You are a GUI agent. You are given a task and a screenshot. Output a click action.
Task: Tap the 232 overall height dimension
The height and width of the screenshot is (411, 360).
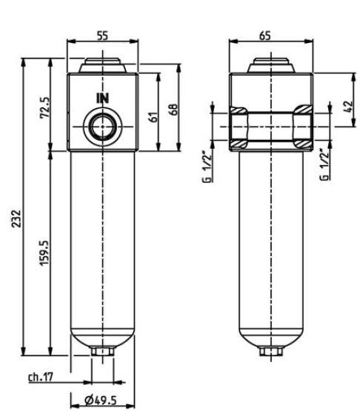click(17, 219)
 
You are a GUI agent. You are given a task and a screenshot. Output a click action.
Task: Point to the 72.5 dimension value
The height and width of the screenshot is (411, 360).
click(44, 108)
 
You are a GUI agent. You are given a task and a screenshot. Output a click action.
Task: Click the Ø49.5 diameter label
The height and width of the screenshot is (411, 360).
click(101, 401)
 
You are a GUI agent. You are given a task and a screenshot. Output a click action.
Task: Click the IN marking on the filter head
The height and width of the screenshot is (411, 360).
click(101, 97)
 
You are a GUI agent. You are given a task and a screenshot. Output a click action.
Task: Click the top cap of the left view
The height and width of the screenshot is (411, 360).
click(101, 65)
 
